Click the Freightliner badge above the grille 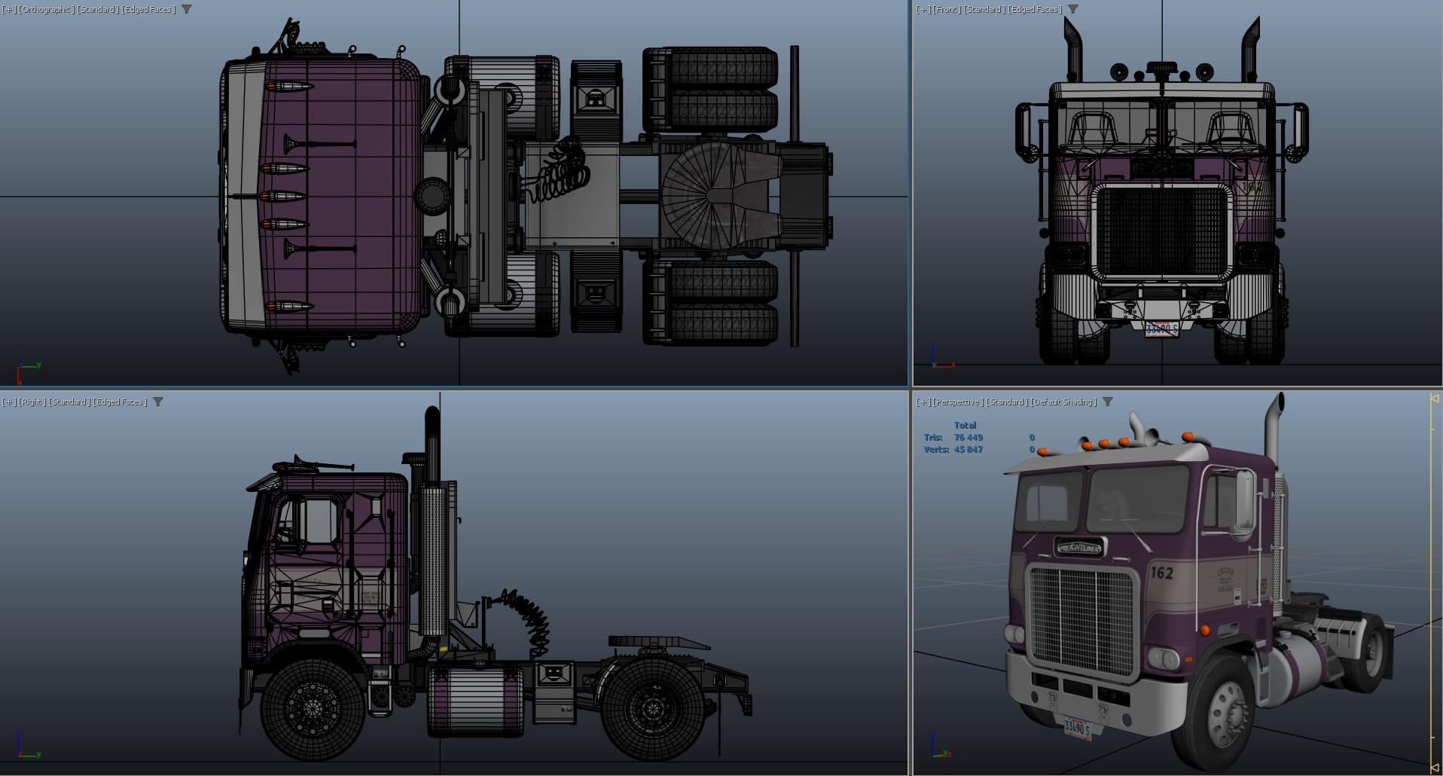[1079, 548]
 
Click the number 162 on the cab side [1161, 573]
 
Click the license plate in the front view [1161, 329]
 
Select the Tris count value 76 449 [968, 437]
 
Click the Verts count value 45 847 [968, 449]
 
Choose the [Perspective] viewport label [958, 402]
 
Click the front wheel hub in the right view [313, 708]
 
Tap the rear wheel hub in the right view [652, 708]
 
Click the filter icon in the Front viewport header [1073, 9]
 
